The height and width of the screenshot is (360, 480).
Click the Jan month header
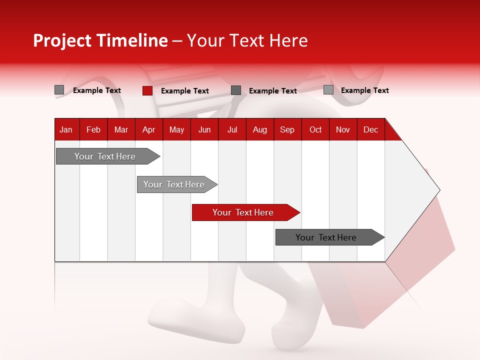(x=66, y=129)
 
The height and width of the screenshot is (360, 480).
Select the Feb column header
(x=93, y=129)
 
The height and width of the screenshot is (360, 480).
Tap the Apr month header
(x=148, y=129)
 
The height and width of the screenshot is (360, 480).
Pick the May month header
(x=176, y=129)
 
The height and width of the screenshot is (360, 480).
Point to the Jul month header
(x=232, y=129)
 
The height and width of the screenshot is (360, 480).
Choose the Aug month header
(x=259, y=129)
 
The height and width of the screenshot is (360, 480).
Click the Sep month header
(x=287, y=129)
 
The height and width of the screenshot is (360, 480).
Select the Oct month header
(x=315, y=129)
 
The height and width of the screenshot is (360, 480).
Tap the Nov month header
(x=343, y=129)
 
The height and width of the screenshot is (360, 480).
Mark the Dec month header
(x=370, y=129)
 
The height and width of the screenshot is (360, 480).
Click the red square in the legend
(x=147, y=90)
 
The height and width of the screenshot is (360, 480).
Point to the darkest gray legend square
(x=236, y=90)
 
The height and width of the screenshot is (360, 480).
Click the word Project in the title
(x=62, y=40)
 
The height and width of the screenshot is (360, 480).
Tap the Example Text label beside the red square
(x=184, y=91)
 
